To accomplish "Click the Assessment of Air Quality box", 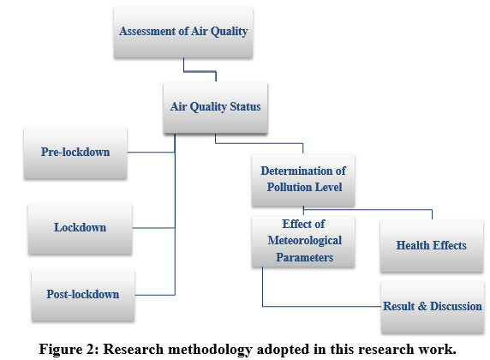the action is pos(183,33).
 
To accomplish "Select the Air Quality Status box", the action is pos(215,108).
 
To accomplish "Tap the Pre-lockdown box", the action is pos(75,153).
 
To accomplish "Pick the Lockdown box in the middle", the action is pos(80,229).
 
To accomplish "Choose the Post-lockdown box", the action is pos(83,295).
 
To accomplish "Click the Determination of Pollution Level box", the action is pos(303,180).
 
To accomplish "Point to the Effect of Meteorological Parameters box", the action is pos(303,241).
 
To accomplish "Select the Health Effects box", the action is pos(432,246).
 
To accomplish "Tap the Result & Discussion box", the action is pos(433,307).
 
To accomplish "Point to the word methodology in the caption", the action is pos(210,350).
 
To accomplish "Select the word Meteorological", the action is pos(305,241).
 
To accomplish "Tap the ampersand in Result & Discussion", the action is pos(421,306).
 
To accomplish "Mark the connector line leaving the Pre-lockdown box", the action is pos(151,153).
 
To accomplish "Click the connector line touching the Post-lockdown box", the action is pos(155,295).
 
